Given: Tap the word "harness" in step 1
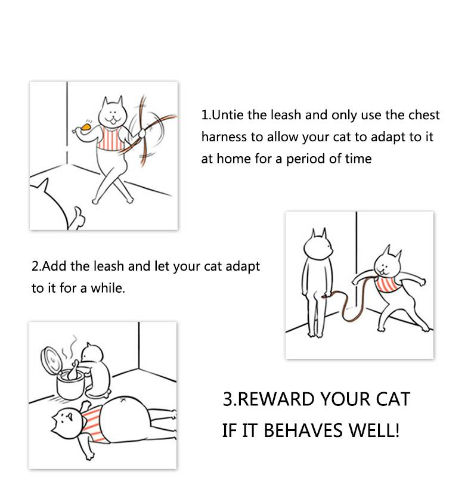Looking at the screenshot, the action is [224, 137].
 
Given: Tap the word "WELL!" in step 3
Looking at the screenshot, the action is [374, 430].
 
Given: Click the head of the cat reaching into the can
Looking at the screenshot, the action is [92, 352].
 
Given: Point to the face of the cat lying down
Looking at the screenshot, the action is [68, 423].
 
